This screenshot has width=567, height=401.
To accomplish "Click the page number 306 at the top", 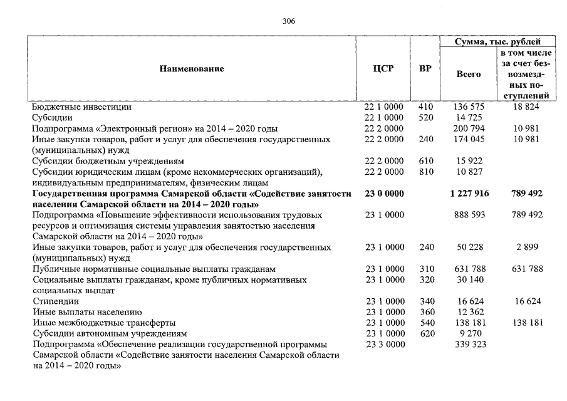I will click(289, 21).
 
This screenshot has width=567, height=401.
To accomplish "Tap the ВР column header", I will click(425, 68).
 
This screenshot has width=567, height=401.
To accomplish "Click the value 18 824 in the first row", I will click(527, 107).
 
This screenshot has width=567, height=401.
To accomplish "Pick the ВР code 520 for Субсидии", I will click(425, 118).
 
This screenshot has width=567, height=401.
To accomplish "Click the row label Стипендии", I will click(52, 301).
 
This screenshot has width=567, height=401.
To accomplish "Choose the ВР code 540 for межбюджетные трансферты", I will click(425, 323).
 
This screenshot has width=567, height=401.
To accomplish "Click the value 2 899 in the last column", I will click(527, 247).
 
